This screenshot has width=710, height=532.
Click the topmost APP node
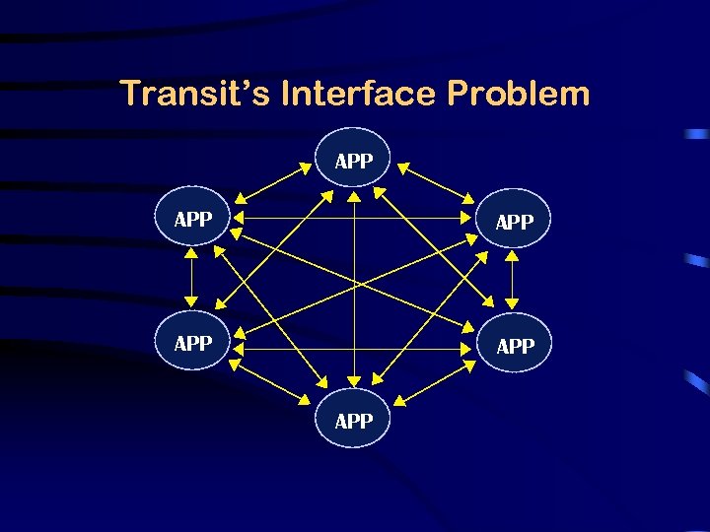coord(353,160)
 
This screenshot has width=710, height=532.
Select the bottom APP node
coord(353,421)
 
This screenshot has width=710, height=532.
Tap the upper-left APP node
coord(192,219)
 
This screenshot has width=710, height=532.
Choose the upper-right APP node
coord(514,222)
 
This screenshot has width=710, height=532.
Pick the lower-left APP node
coord(192,343)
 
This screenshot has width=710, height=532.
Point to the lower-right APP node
coord(514,346)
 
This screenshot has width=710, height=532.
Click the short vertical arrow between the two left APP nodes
coord(192,280)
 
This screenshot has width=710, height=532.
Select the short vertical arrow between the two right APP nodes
coord(512,283)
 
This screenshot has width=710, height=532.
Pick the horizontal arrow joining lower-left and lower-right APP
coord(353,348)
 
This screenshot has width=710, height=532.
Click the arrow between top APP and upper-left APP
coord(274,183)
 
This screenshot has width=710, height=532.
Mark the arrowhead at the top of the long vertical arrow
coord(354,197)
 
